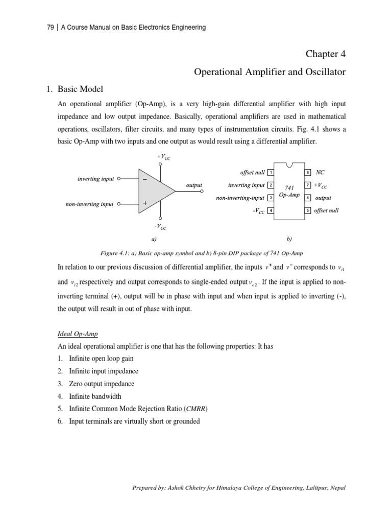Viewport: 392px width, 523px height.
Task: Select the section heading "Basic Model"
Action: (x=82, y=90)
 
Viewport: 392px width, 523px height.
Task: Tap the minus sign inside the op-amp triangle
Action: (x=145, y=180)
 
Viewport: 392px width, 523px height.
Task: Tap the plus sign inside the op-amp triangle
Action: (x=145, y=203)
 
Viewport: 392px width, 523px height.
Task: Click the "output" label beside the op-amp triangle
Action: (x=194, y=185)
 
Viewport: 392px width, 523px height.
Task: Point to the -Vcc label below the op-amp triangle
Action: (x=160, y=226)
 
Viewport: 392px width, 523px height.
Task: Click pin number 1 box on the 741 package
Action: (x=271, y=173)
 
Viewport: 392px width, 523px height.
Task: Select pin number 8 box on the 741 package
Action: (x=308, y=173)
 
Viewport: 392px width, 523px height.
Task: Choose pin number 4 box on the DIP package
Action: (x=271, y=210)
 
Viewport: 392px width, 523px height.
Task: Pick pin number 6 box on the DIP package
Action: (x=308, y=198)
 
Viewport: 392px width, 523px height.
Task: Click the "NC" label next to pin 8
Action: (x=321, y=173)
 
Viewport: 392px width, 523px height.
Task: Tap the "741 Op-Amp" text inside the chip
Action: (x=289, y=192)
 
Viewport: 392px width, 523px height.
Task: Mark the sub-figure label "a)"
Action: (x=153, y=239)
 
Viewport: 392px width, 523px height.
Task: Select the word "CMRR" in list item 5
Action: (x=196, y=409)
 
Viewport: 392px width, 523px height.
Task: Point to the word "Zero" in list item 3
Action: (x=78, y=384)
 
